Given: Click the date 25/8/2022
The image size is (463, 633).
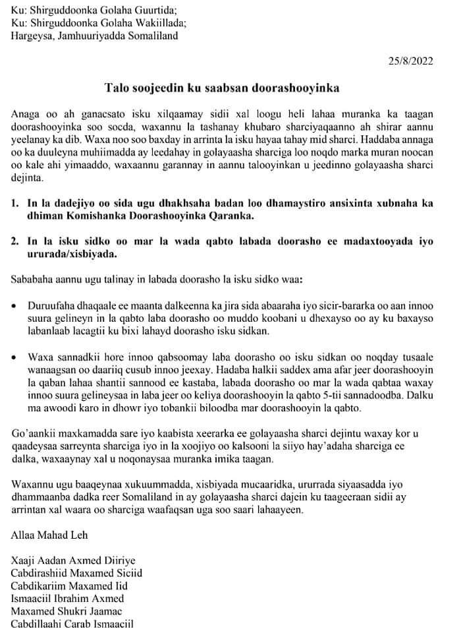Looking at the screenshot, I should click(410, 61).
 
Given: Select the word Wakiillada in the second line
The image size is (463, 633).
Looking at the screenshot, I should click(160, 23).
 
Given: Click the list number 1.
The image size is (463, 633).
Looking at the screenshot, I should click(14, 204).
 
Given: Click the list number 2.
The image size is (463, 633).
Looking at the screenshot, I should click(14, 241).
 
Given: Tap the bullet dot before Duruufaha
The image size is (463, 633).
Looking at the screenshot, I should click(14, 307).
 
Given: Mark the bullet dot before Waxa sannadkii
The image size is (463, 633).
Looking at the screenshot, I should click(14, 357).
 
